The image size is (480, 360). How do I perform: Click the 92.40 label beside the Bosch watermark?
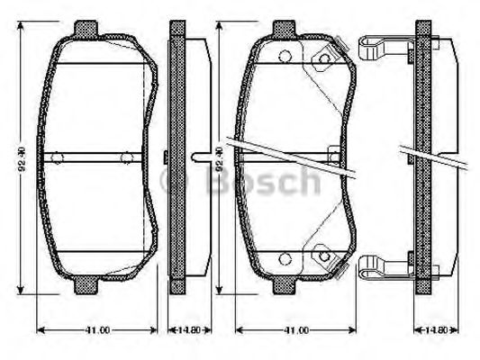click(x=218, y=161)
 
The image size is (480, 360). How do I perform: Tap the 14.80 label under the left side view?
click(x=181, y=330)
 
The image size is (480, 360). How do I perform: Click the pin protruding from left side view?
click(x=202, y=158)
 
